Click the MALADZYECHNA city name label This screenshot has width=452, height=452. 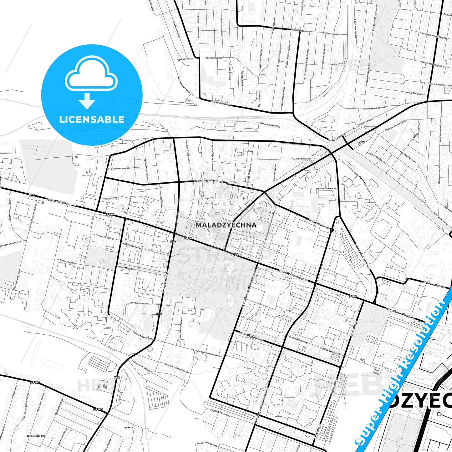[x=226, y=225]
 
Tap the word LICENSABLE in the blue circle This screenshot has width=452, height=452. [x=92, y=119]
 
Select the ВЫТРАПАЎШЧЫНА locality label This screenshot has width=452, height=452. [x=36, y=436]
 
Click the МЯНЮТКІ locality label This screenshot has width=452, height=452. [x=129, y=427]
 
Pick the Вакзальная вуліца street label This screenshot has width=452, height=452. [x=270, y=125]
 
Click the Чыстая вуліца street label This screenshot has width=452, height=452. [x=300, y=159]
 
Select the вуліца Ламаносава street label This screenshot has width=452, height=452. [x=327, y=189]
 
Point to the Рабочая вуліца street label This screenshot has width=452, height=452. [x=68, y=262]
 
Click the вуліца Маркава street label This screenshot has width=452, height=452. [x=125, y=268]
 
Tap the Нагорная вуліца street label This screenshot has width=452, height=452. [x=434, y=286]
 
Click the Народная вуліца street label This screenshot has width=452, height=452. [x=207, y=444]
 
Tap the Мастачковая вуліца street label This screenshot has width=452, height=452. [x=374, y=108]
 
